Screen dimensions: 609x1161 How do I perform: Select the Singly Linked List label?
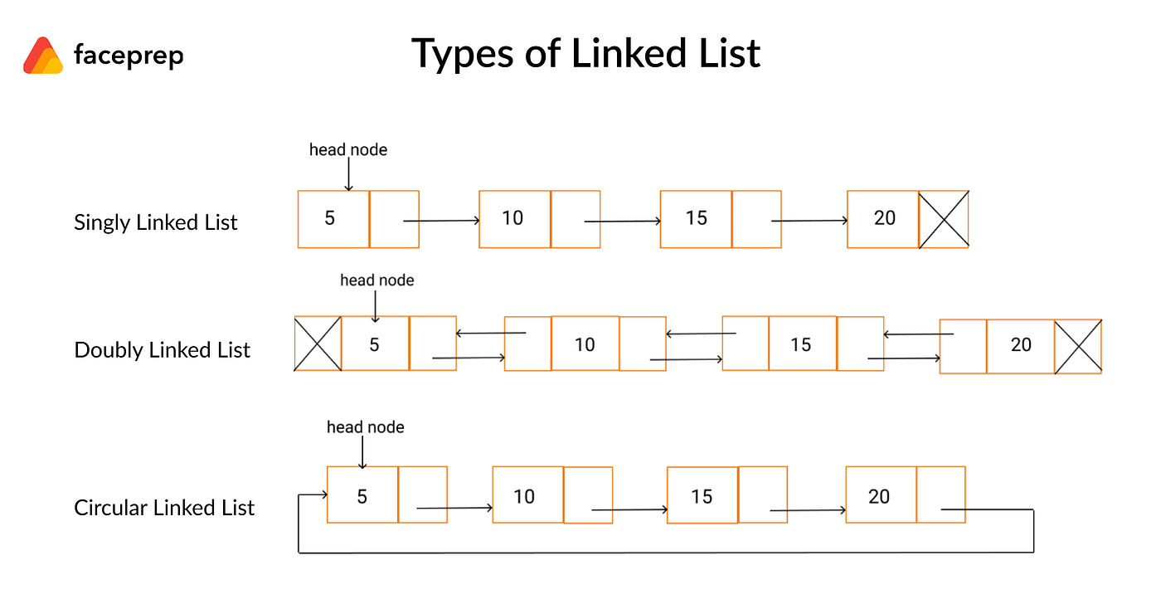click(x=156, y=222)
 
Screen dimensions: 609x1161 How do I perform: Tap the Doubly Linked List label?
click(x=162, y=350)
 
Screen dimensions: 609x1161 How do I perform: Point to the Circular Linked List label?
click(x=164, y=508)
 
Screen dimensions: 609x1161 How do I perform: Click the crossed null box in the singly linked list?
click(x=944, y=219)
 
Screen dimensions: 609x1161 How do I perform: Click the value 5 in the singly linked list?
click(x=330, y=218)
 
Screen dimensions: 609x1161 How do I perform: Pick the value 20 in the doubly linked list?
click(x=1021, y=345)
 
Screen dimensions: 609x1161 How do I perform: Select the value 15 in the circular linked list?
click(x=702, y=496)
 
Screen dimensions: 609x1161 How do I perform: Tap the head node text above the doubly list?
click(x=376, y=280)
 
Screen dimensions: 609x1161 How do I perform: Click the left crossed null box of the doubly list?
click(x=318, y=343)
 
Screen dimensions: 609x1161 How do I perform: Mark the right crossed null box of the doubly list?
click(x=1078, y=346)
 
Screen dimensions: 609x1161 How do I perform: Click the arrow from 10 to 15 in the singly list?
click(x=622, y=222)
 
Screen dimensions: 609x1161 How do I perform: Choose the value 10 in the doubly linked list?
click(x=585, y=344)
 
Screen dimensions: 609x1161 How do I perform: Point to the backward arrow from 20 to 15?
click(x=918, y=334)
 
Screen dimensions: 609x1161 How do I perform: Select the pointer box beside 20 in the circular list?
click(x=941, y=495)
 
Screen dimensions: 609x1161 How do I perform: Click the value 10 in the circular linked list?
click(x=524, y=496)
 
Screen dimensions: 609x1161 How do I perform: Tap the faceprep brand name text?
click(x=129, y=56)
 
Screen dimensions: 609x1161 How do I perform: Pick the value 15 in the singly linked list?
click(x=697, y=218)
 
